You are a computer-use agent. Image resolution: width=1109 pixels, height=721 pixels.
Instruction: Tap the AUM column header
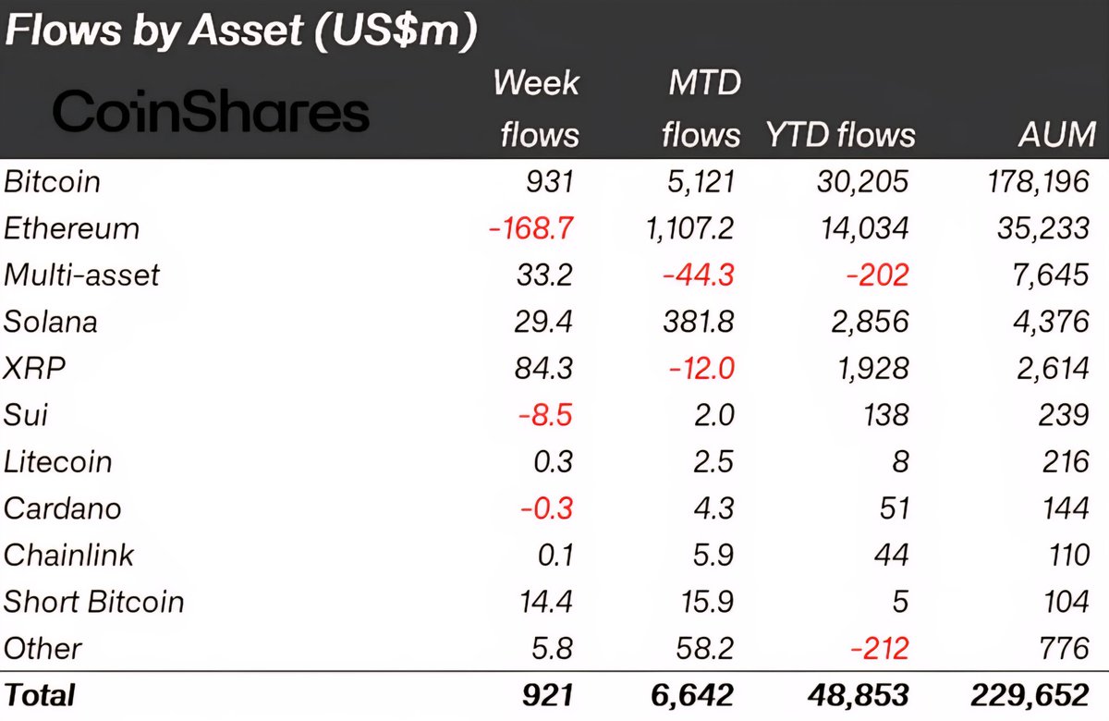(x=1056, y=135)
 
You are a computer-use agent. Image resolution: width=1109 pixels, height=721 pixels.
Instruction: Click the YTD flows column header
(x=840, y=135)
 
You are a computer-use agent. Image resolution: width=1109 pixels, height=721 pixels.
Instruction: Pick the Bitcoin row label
(x=52, y=181)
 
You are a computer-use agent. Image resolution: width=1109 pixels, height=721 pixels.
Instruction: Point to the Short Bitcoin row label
(x=94, y=602)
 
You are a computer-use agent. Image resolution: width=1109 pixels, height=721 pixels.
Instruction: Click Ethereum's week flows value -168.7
(x=531, y=228)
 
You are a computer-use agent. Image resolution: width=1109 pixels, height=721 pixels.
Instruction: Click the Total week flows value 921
(x=546, y=695)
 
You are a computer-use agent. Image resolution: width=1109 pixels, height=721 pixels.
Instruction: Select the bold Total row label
(x=40, y=695)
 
